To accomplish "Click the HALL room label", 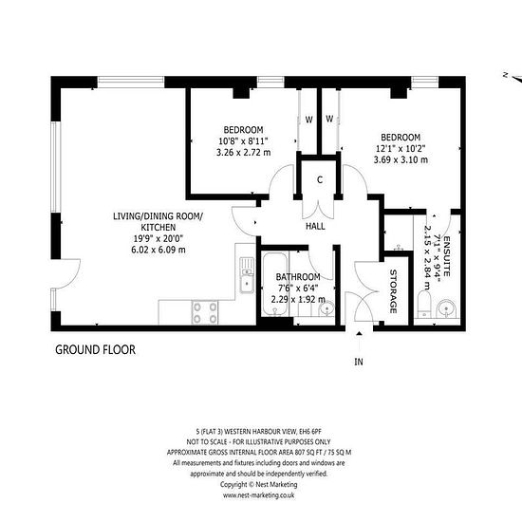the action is point(315,227).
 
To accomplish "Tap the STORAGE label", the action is point(393,291).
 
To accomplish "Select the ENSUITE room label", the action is point(447,256).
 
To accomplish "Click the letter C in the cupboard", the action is point(320,179).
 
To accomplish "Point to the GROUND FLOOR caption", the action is point(95,350).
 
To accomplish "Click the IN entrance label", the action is point(359,362).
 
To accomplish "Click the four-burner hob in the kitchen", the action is point(205,312).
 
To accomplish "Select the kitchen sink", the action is point(247,275).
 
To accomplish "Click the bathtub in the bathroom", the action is point(275,284).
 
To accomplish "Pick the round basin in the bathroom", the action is point(326,308).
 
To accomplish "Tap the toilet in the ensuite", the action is point(424,305).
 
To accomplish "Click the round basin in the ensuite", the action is point(445,309).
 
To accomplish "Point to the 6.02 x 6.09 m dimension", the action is point(158,250).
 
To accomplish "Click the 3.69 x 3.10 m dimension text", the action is point(401,159).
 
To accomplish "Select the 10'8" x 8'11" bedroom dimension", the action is point(243,141).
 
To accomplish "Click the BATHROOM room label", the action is point(298,277).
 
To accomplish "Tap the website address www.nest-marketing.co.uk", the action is point(259,495).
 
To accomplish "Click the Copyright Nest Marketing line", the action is point(259,484).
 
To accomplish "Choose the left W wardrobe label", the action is point(309,120).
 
